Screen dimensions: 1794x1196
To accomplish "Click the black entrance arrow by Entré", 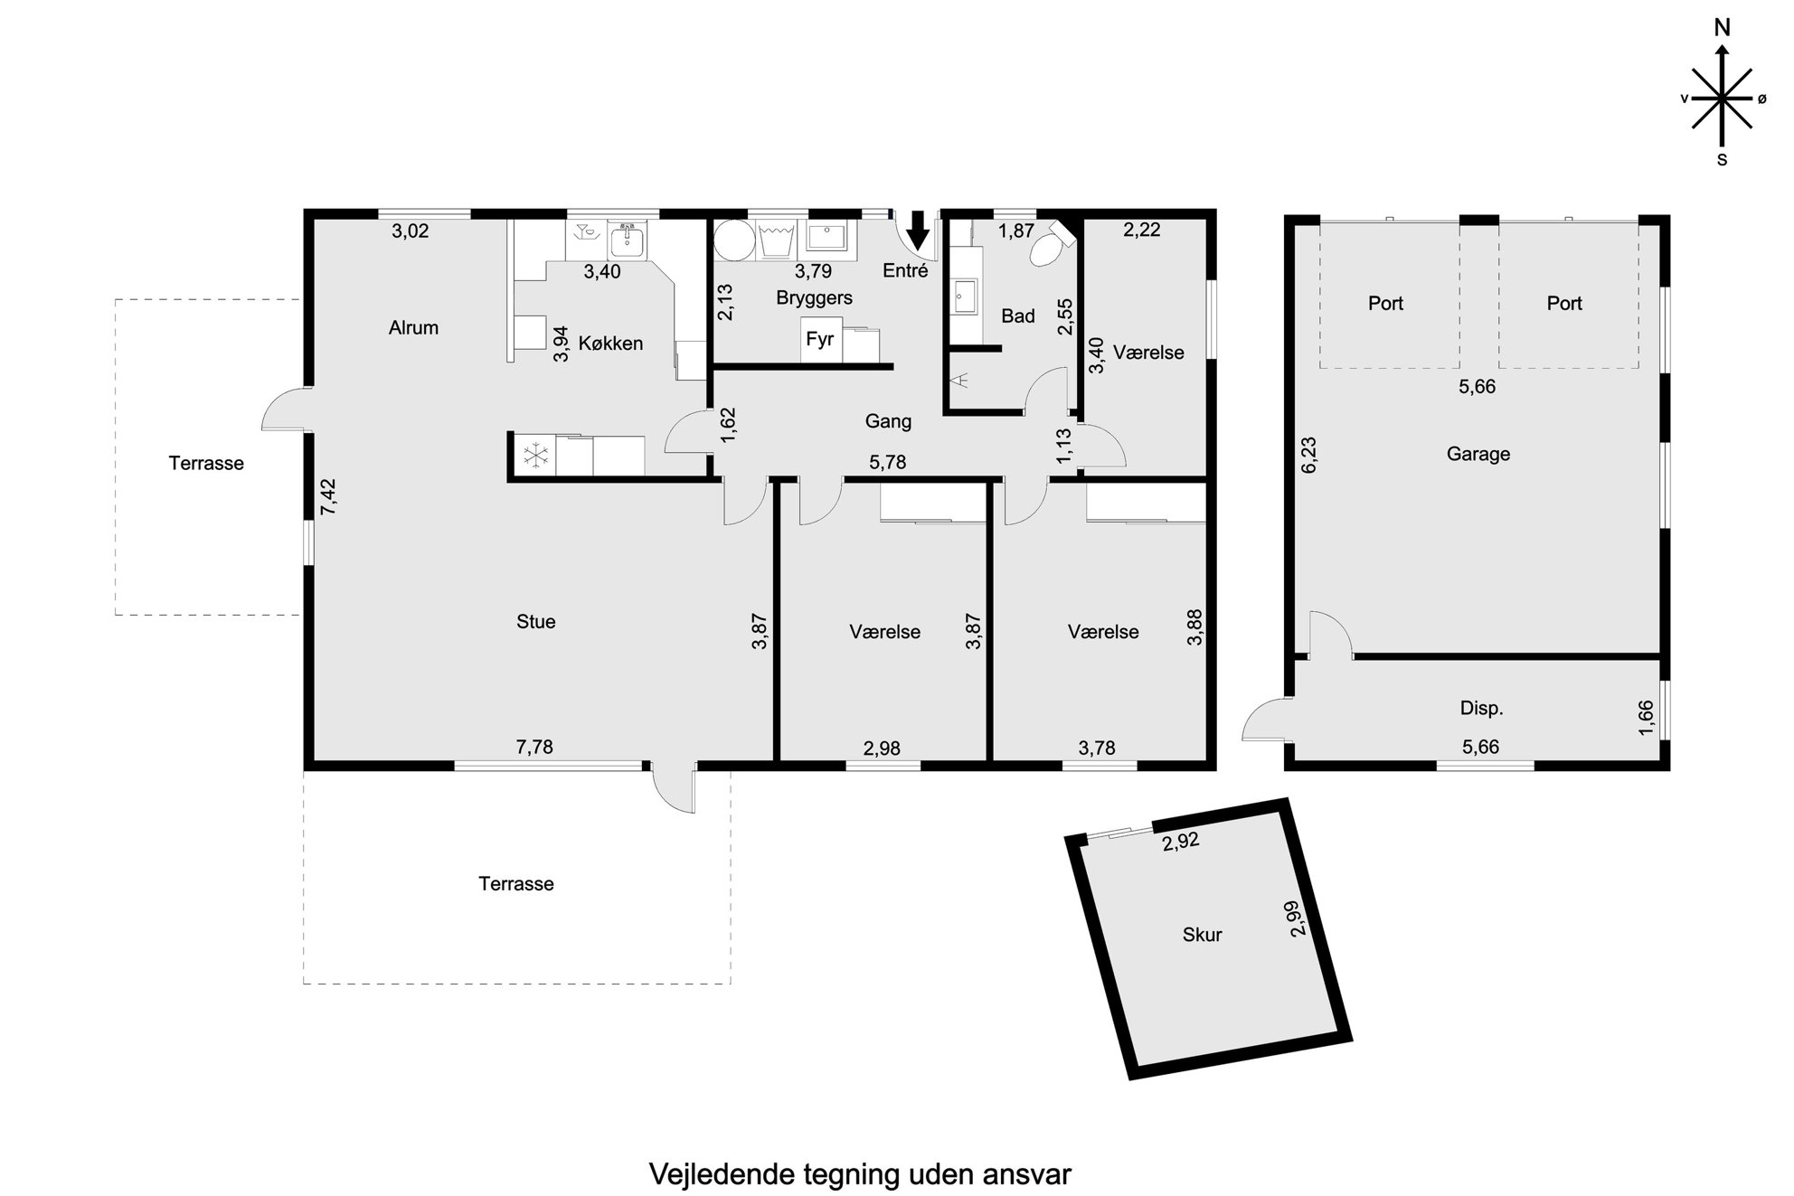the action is (918, 231).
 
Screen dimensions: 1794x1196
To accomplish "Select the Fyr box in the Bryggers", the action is (821, 340).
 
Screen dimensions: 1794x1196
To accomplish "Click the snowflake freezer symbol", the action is (536, 456).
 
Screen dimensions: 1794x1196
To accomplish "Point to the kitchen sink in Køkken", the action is (628, 241).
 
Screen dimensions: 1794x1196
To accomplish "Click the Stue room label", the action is (535, 622).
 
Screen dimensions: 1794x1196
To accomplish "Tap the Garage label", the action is (1478, 454).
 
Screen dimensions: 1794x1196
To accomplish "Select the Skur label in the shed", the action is (1202, 935).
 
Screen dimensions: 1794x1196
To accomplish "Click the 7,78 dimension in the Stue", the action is (534, 747).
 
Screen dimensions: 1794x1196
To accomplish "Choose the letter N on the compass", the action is (1723, 29).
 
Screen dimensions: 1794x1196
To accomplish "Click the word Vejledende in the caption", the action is (722, 1174).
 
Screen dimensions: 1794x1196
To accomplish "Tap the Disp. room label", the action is (1481, 709).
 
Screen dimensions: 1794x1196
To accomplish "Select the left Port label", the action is (1385, 304).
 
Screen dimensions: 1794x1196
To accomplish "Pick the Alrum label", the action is (413, 328).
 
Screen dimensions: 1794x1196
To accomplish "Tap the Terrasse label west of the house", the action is (206, 464).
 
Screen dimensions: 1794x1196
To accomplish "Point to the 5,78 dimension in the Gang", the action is (887, 463).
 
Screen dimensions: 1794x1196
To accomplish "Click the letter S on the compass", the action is (1722, 160).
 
